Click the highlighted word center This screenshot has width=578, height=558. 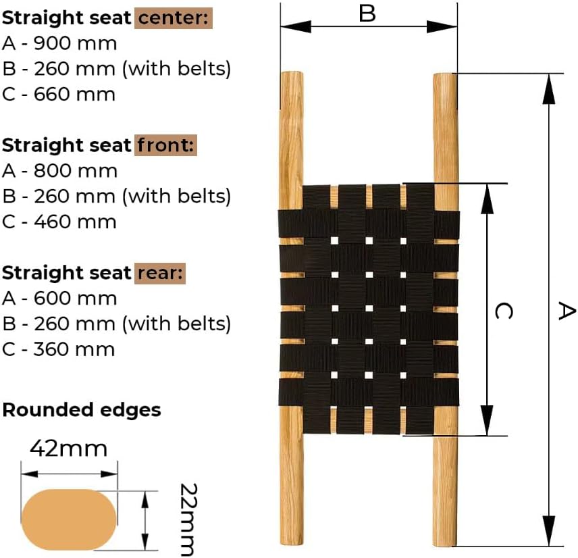click(174, 18)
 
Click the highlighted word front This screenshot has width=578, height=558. click(165, 145)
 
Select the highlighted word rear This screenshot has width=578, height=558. click(160, 273)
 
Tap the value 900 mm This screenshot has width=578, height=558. click(75, 43)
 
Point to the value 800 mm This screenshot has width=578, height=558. click(75, 171)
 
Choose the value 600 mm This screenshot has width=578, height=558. click(75, 299)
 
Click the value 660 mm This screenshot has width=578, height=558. click(74, 95)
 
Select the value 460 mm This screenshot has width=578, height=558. click(75, 222)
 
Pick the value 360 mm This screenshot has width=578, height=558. click(74, 350)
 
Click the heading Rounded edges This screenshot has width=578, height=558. click(82, 410)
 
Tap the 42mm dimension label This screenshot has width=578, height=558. click(69, 449)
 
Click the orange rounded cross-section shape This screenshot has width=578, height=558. click(69, 519)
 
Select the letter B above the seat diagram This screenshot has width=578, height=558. click(367, 14)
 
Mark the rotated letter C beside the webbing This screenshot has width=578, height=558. click(504, 311)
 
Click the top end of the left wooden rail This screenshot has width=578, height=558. click(292, 73)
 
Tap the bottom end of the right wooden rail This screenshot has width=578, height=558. click(445, 544)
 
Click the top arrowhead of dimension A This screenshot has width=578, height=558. click(549, 89)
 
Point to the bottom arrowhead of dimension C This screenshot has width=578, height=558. click(488, 420)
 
